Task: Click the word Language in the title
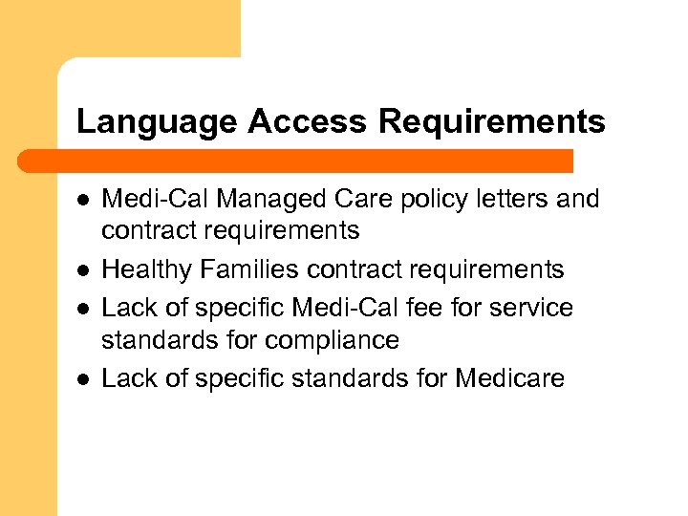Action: (x=157, y=122)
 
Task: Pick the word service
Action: (x=535, y=308)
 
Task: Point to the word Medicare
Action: (x=510, y=378)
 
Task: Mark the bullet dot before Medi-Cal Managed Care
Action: (x=83, y=200)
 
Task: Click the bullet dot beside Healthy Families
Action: (x=83, y=270)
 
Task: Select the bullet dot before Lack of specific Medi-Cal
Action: (x=83, y=309)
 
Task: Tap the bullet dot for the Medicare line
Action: (x=83, y=379)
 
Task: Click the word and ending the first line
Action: (x=579, y=199)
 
